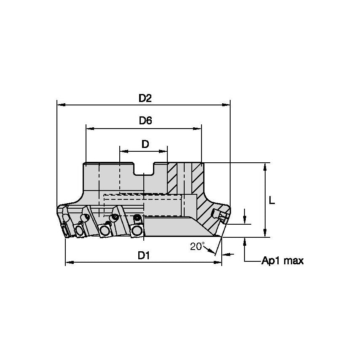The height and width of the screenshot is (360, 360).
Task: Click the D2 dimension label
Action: click(145, 98)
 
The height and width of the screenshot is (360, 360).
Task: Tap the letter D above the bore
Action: click(145, 144)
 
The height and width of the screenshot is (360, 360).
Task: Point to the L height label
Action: click(272, 201)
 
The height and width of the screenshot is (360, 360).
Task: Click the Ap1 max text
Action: click(282, 261)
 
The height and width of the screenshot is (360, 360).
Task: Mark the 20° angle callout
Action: click(196, 247)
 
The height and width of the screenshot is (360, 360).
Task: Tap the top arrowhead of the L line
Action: click(265, 166)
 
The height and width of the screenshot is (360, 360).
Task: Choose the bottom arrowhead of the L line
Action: click(265, 234)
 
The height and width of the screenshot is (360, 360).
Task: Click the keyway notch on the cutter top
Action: click(144, 169)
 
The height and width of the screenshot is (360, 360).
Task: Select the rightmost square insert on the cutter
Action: click(137, 230)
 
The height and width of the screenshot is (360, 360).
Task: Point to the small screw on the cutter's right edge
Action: click(221, 215)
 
